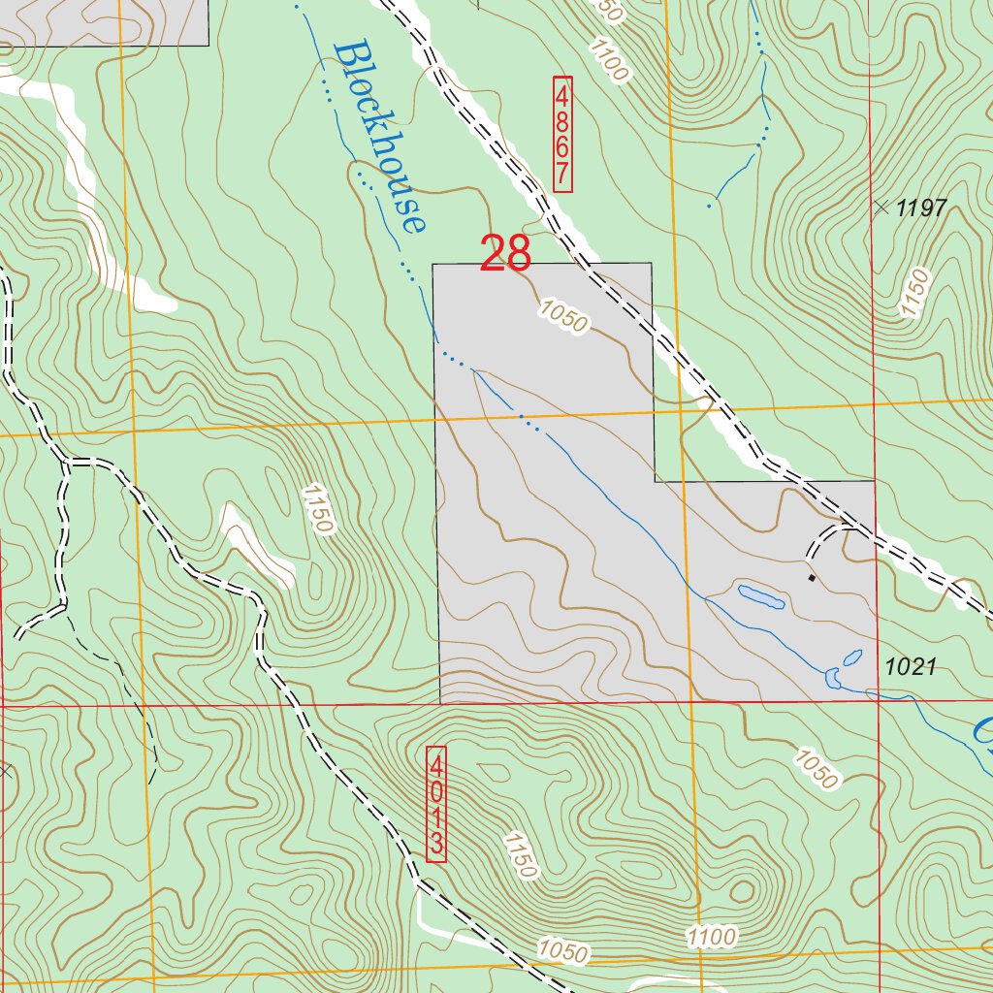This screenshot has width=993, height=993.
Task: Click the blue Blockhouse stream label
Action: pyautogui.click(x=379, y=136)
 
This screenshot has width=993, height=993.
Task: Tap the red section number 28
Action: pyautogui.click(x=506, y=254)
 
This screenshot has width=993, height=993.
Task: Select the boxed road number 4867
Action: pyautogui.click(x=562, y=133)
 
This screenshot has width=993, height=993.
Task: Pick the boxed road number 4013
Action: pyautogui.click(x=436, y=802)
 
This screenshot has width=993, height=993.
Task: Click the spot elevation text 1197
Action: pyautogui.click(x=920, y=207)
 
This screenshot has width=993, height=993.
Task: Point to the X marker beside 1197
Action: pyautogui.click(x=881, y=207)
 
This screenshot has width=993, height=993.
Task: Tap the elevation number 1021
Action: pyautogui.click(x=910, y=666)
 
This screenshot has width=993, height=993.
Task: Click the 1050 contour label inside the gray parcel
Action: pyautogui.click(x=563, y=317)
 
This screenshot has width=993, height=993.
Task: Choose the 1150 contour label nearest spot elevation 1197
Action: pyautogui.click(x=914, y=294)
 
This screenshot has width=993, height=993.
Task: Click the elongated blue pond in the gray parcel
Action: pyautogui.click(x=761, y=595)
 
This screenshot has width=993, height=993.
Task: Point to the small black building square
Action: pyautogui.click(x=812, y=578)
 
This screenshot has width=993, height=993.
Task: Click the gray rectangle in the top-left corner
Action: pyautogui.click(x=104, y=21)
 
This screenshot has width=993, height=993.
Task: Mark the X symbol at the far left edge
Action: pyautogui.click(x=5, y=771)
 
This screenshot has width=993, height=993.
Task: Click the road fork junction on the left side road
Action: pyautogui.click(x=66, y=464)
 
